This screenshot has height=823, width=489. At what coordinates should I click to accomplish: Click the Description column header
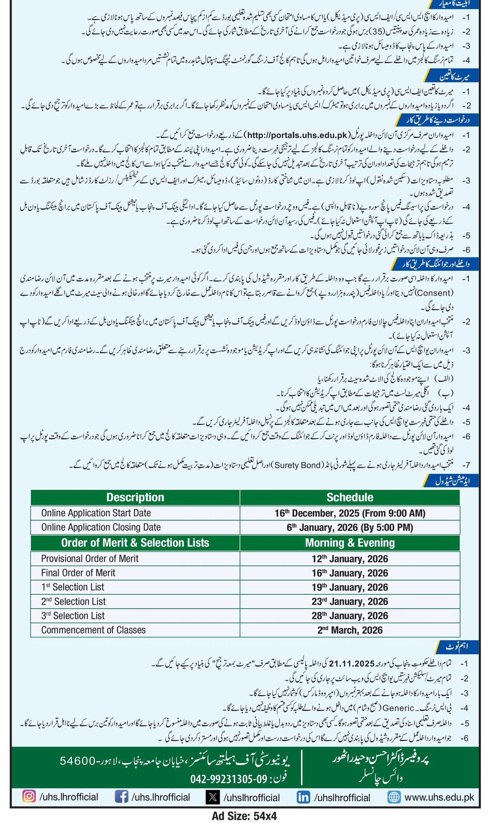coord(135,497)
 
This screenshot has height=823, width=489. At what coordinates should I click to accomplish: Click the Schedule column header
coord(350,497)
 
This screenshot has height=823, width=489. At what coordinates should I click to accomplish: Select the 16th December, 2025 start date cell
coord(350,513)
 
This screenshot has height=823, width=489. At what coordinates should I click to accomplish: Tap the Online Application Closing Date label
coord(101,527)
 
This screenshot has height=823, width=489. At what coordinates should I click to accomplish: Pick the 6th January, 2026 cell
coord(350,527)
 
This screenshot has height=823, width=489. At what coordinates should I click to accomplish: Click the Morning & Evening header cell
coord(350,543)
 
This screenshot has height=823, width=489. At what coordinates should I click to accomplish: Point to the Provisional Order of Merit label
coord(90,559)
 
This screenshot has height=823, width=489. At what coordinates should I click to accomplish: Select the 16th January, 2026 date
coord(350,573)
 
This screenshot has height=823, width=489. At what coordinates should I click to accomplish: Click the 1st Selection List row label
coord(73,587)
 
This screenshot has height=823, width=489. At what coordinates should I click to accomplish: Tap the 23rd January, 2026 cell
coord(350,602)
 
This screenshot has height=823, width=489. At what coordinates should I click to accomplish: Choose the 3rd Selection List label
coord(73,616)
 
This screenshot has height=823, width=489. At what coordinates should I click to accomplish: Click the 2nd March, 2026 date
coord(350,630)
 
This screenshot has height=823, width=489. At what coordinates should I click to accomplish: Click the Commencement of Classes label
coord(94,630)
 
